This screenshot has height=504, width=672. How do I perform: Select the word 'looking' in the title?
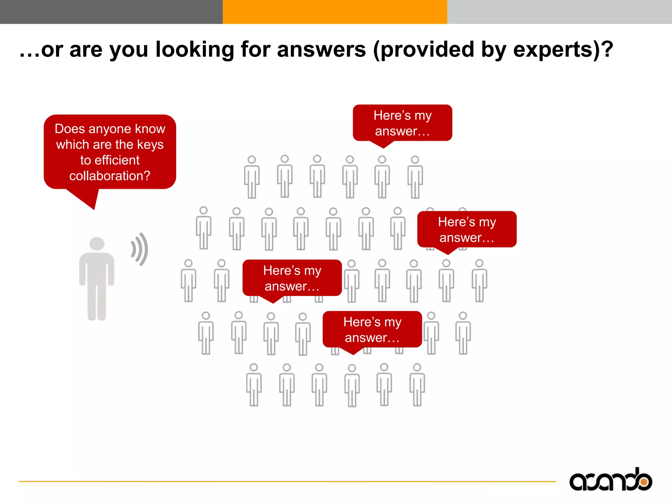pos(194,50)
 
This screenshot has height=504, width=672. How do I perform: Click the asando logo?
pos(610,480)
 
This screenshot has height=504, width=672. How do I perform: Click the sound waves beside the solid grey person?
pos(140,249)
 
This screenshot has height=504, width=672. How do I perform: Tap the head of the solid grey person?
pos(97,243)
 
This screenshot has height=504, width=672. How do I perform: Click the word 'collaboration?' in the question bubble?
pos(110,176)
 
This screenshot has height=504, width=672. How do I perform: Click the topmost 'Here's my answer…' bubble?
pos(402,123)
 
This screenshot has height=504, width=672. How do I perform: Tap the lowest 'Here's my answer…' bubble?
pos(372,329)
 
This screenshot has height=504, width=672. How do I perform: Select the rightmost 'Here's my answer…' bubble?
pos(467,229)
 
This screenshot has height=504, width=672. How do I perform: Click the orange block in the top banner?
pos(335,12)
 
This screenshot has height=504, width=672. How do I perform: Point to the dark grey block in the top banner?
pos(111,12)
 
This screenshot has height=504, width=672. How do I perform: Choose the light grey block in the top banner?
pos(559,12)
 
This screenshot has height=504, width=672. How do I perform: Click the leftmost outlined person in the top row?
pos(252,177)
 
